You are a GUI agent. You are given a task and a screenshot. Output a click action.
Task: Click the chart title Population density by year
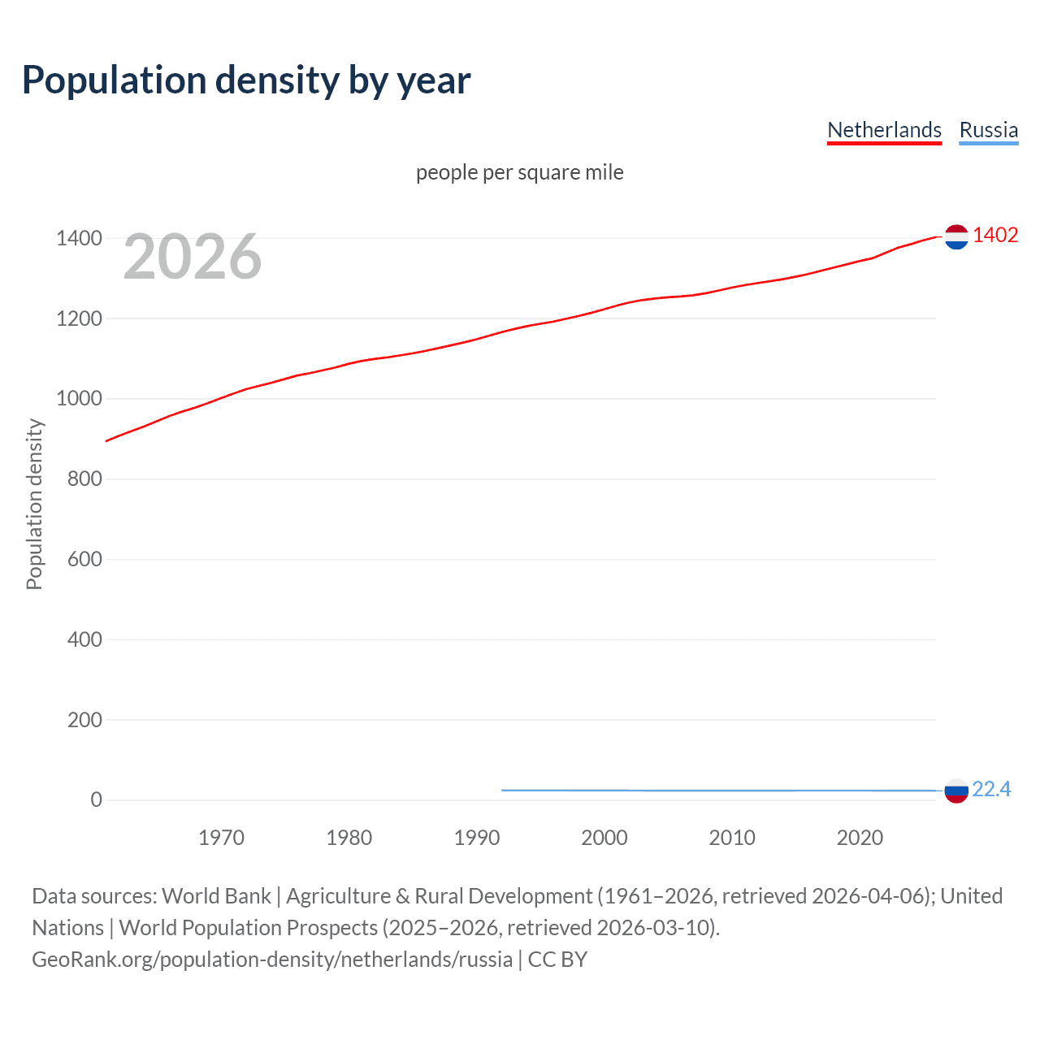246,80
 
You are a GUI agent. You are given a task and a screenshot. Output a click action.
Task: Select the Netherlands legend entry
884,130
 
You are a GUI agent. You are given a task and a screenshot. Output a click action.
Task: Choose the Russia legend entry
988,130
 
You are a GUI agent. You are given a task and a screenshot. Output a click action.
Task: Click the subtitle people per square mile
519,172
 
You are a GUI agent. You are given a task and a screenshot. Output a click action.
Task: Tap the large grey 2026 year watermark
193,257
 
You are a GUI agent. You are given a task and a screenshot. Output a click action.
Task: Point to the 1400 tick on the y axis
79,238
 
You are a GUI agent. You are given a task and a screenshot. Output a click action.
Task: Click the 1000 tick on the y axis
79,398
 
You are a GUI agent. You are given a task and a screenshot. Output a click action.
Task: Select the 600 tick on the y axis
84,559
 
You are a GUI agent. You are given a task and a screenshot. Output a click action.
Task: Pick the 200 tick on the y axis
84,720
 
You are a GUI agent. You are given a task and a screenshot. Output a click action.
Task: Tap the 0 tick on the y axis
96,799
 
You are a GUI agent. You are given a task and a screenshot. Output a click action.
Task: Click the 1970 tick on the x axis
221,838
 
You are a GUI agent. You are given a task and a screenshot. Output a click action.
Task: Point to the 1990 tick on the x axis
477,838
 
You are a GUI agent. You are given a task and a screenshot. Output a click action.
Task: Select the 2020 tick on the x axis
860,838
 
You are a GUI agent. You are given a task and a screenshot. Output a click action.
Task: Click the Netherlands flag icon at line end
956,236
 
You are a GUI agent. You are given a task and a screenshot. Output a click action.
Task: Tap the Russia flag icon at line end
956,791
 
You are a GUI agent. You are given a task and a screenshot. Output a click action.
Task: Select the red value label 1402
995,235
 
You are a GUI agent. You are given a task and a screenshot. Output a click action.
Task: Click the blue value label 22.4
991,789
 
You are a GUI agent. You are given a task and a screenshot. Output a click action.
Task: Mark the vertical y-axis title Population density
34,504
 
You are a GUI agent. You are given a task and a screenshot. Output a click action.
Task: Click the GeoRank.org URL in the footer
272,960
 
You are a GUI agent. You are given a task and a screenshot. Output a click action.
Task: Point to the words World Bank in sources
216,896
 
